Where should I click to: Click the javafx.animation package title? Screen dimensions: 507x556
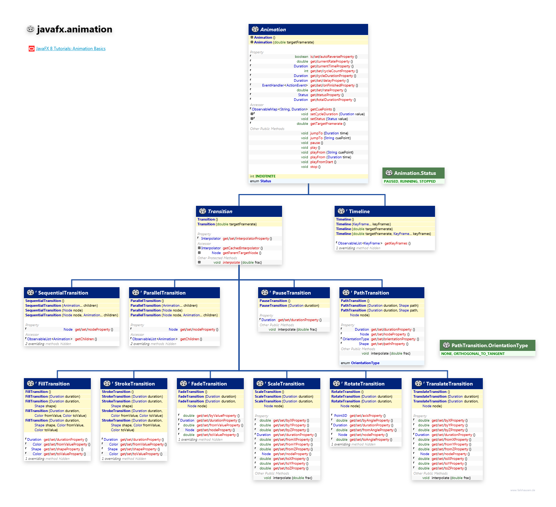pyautogui.click(x=74, y=29)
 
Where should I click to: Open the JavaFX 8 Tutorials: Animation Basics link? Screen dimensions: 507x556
pyautogui.click(x=71, y=49)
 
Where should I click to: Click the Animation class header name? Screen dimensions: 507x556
pyautogui.click(x=273, y=29)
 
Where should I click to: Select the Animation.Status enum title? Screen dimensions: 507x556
pyautogui.click(x=415, y=173)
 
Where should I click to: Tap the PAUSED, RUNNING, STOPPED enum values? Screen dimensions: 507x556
pyautogui.click(x=409, y=181)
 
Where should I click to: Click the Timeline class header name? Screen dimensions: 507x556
pyautogui.click(x=359, y=211)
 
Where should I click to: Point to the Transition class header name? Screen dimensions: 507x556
pyautogui.click(x=220, y=211)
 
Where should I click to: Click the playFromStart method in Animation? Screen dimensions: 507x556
pyautogui.click(x=321, y=162)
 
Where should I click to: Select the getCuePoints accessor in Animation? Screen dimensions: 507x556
pyautogui.click(x=321, y=109)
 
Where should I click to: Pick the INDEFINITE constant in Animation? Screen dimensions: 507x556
pyautogui.click(x=265, y=176)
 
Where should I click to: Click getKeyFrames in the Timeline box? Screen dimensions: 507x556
pyautogui.click(x=396, y=243)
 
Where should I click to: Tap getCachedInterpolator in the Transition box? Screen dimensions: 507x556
pyautogui.click(x=241, y=248)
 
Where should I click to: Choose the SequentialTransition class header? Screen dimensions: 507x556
pyautogui.click(x=63, y=293)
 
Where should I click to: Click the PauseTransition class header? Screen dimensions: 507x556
pyautogui.click(x=291, y=293)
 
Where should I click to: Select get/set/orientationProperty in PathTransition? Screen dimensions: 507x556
pyautogui.click(x=393, y=339)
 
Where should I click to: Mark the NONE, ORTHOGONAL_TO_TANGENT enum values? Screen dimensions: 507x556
pyautogui.click(x=473, y=354)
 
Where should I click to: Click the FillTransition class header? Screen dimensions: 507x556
pyautogui.click(x=54, y=384)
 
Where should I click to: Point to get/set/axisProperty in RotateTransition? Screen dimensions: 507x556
pyautogui.click(x=366, y=416)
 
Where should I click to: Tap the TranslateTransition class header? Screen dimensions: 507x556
pyautogui.click(x=449, y=384)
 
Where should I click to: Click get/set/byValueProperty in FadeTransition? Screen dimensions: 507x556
pyautogui.click(x=216, y=416)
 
